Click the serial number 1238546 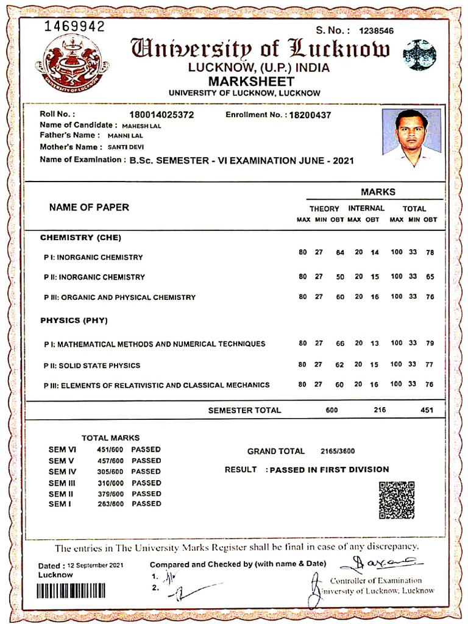[x=376, y=31]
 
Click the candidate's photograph [x=411, y=138]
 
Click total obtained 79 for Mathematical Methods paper [x=430, y=344]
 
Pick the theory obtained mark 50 [x=340, y=277]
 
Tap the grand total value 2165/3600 [x=338, y=452]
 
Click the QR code [x=397, y=500]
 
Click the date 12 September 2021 [x=96, y=565]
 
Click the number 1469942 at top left [x=74, y=26]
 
